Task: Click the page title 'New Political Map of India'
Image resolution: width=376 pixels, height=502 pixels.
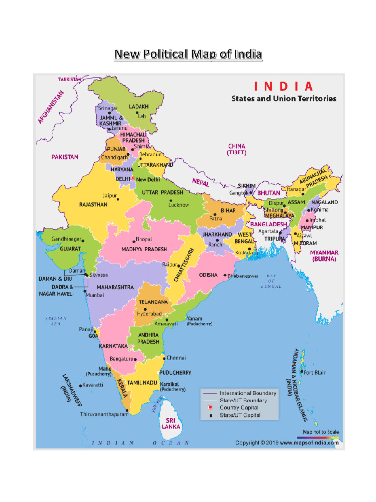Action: point(188,54)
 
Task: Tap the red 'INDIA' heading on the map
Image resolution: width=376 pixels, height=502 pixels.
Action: point(283,87)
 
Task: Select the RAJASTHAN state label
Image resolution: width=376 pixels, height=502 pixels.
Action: point(94,204)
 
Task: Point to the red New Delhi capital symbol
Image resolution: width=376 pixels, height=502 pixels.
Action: point(133,179)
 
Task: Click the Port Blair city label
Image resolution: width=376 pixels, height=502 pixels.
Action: point(314,373)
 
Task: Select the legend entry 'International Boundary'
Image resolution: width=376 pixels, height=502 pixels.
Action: point(248,393)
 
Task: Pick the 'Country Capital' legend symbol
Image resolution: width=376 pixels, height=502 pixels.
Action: point(210,408)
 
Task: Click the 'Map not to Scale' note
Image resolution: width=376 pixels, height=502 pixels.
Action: point(321,432)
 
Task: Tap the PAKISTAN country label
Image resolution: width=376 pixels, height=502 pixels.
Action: point(65,157)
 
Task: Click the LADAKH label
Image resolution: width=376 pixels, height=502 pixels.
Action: point(139,106)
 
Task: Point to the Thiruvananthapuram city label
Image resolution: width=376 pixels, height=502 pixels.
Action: point(104,414)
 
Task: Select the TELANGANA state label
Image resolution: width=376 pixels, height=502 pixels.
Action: point(153,302)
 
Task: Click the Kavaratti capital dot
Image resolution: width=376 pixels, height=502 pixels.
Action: point(81,385)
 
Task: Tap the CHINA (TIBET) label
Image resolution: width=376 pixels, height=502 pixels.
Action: point(236,150)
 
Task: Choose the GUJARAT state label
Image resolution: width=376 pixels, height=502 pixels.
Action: point(71,249)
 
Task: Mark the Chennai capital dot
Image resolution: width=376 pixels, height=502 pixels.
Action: point(164,358)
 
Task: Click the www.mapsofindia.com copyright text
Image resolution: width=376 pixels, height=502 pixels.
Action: point(287,443)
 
